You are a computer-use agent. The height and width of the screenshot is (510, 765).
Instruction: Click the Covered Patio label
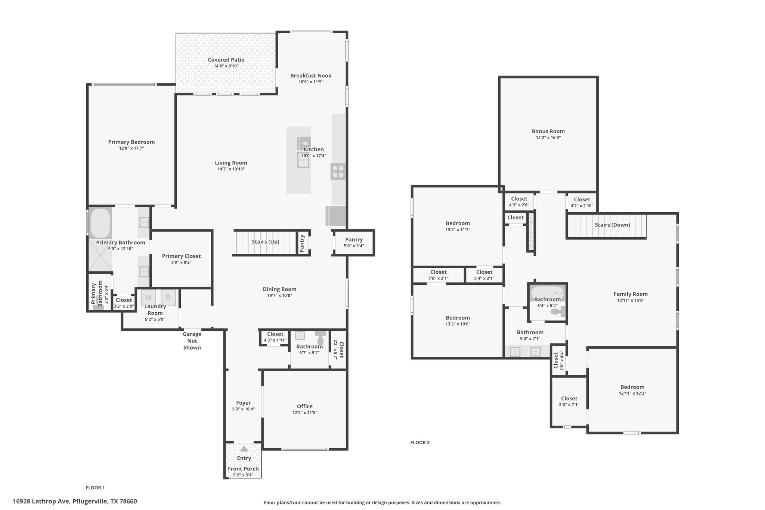226,60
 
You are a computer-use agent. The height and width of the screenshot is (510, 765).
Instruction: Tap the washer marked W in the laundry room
148,297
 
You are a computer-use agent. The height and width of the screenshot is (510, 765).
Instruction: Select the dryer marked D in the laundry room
168,297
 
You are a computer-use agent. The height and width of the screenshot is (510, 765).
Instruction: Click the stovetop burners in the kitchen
338,171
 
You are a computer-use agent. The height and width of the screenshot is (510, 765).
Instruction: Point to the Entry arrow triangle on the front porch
244,448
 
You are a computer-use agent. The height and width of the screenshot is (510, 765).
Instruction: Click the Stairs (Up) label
265,242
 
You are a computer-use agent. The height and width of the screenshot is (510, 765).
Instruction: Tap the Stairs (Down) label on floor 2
612,225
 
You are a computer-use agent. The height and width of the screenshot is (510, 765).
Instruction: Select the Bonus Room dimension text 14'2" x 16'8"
548,137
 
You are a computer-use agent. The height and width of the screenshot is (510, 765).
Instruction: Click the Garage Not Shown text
192,341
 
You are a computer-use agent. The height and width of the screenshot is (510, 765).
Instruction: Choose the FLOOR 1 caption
95,488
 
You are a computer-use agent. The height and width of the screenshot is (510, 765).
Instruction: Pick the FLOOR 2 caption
420,442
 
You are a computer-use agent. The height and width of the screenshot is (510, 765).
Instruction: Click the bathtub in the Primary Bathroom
100,223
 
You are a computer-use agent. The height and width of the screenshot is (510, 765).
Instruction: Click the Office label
304,407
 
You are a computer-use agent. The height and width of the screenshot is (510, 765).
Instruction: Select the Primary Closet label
181,256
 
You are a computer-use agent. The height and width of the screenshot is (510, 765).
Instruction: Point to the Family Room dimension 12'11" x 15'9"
631,300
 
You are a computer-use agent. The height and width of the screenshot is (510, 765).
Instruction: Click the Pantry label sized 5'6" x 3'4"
354,240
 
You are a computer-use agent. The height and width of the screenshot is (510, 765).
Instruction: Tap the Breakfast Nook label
311,75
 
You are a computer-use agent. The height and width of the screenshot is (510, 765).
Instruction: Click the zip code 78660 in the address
128,501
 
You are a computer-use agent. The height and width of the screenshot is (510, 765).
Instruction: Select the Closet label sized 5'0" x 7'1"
569,399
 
